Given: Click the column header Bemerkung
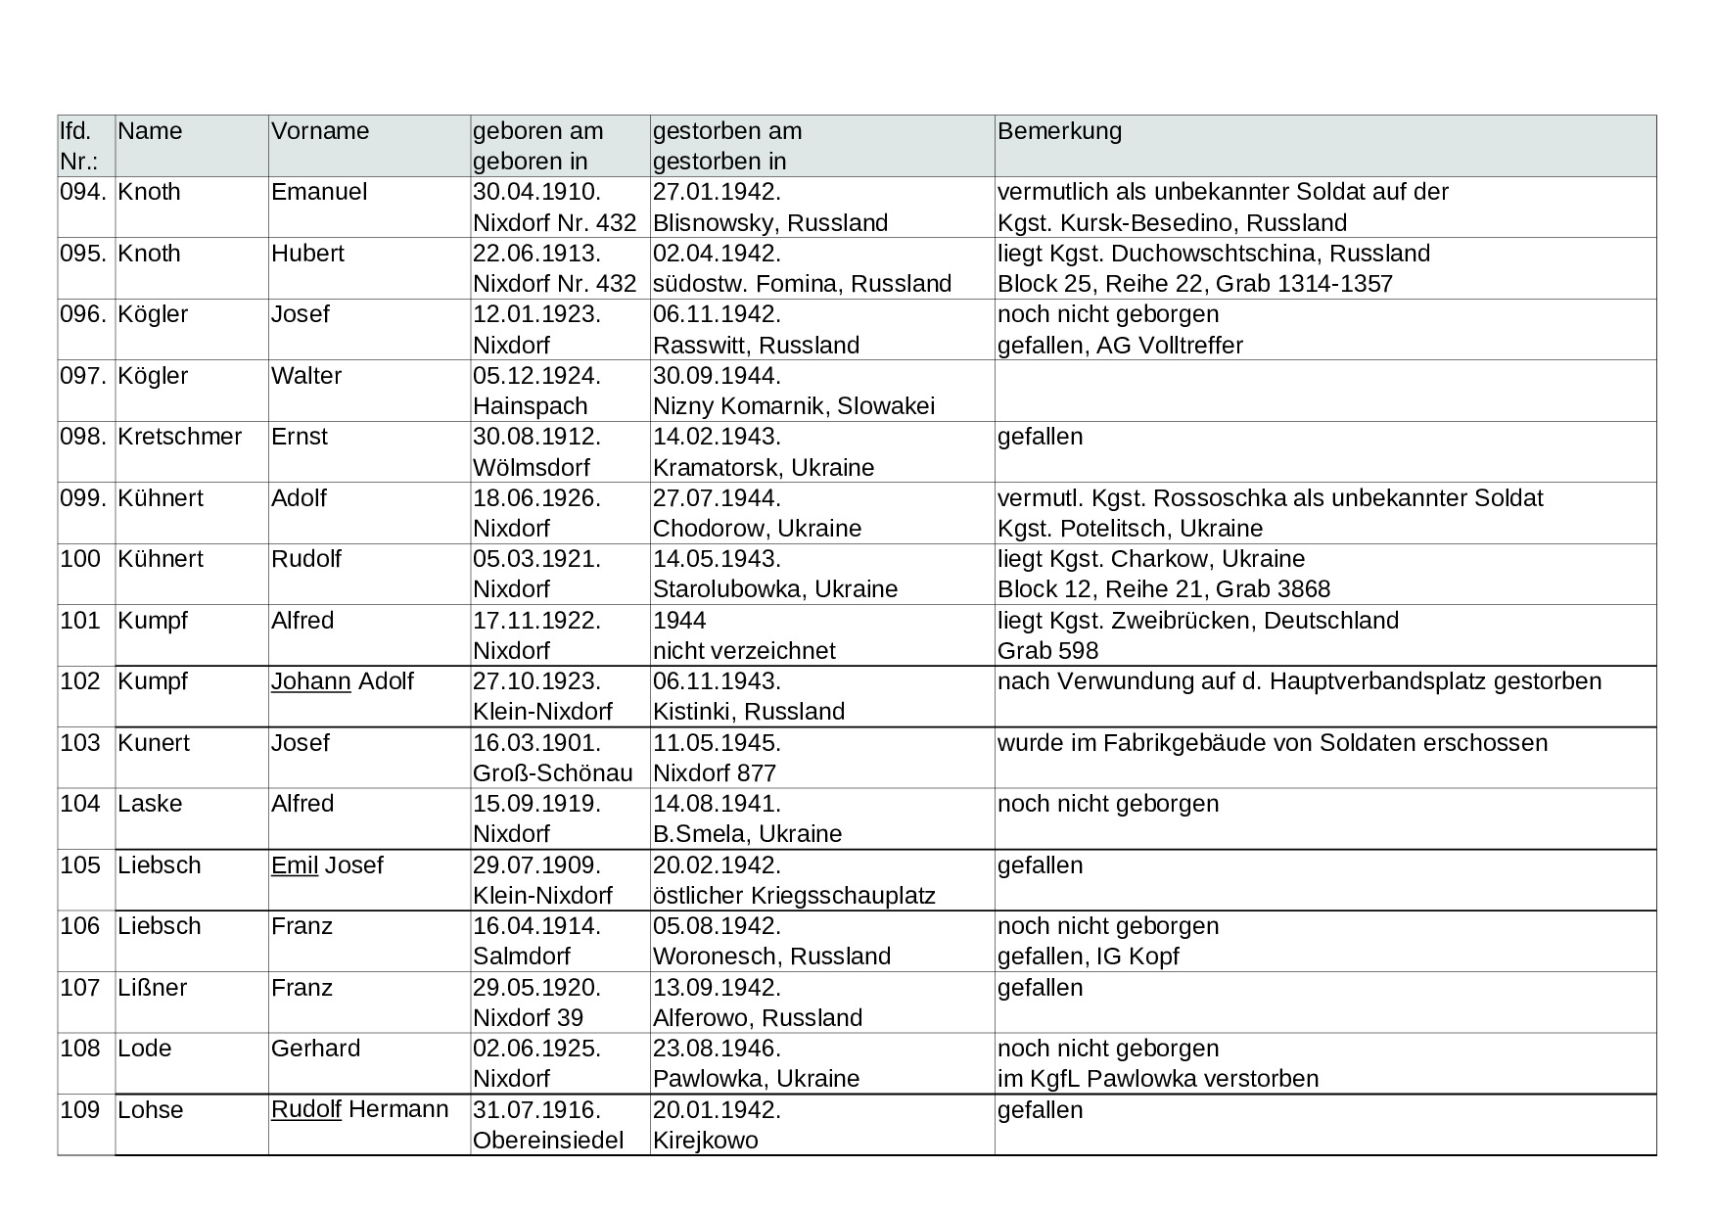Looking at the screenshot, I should [x=1059, y=131].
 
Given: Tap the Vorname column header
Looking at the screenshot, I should [x=320, y=131].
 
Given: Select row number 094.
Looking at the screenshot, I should [x=82, y=192].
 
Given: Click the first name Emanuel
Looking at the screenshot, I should [x=319, y=192].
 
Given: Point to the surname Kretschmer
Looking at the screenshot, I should [x=179, y=437].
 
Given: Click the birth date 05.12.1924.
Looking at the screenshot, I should [x=536, y=376].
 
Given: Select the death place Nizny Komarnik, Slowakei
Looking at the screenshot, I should [x=793, y=406].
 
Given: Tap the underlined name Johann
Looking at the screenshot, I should [x=310, y=681].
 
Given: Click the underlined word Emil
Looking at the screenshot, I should [x=295, y=865].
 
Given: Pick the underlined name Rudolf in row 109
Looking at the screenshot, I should [x=305, y=1110].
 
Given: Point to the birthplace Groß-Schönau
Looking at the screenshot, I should [x=552, y=773].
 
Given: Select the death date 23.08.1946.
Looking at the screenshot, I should [x=717, y=1049].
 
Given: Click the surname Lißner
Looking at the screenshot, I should [x=152, y=988].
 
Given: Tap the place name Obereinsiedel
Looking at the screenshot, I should [x=548, y=1141].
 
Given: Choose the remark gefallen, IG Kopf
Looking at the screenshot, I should [x=1088, y=957].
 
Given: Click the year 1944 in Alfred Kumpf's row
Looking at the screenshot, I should [x=679, y=621].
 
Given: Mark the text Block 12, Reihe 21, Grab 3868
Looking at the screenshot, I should [x=1164, y=589].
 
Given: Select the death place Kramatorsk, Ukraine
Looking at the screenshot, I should [x=764, y=468].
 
